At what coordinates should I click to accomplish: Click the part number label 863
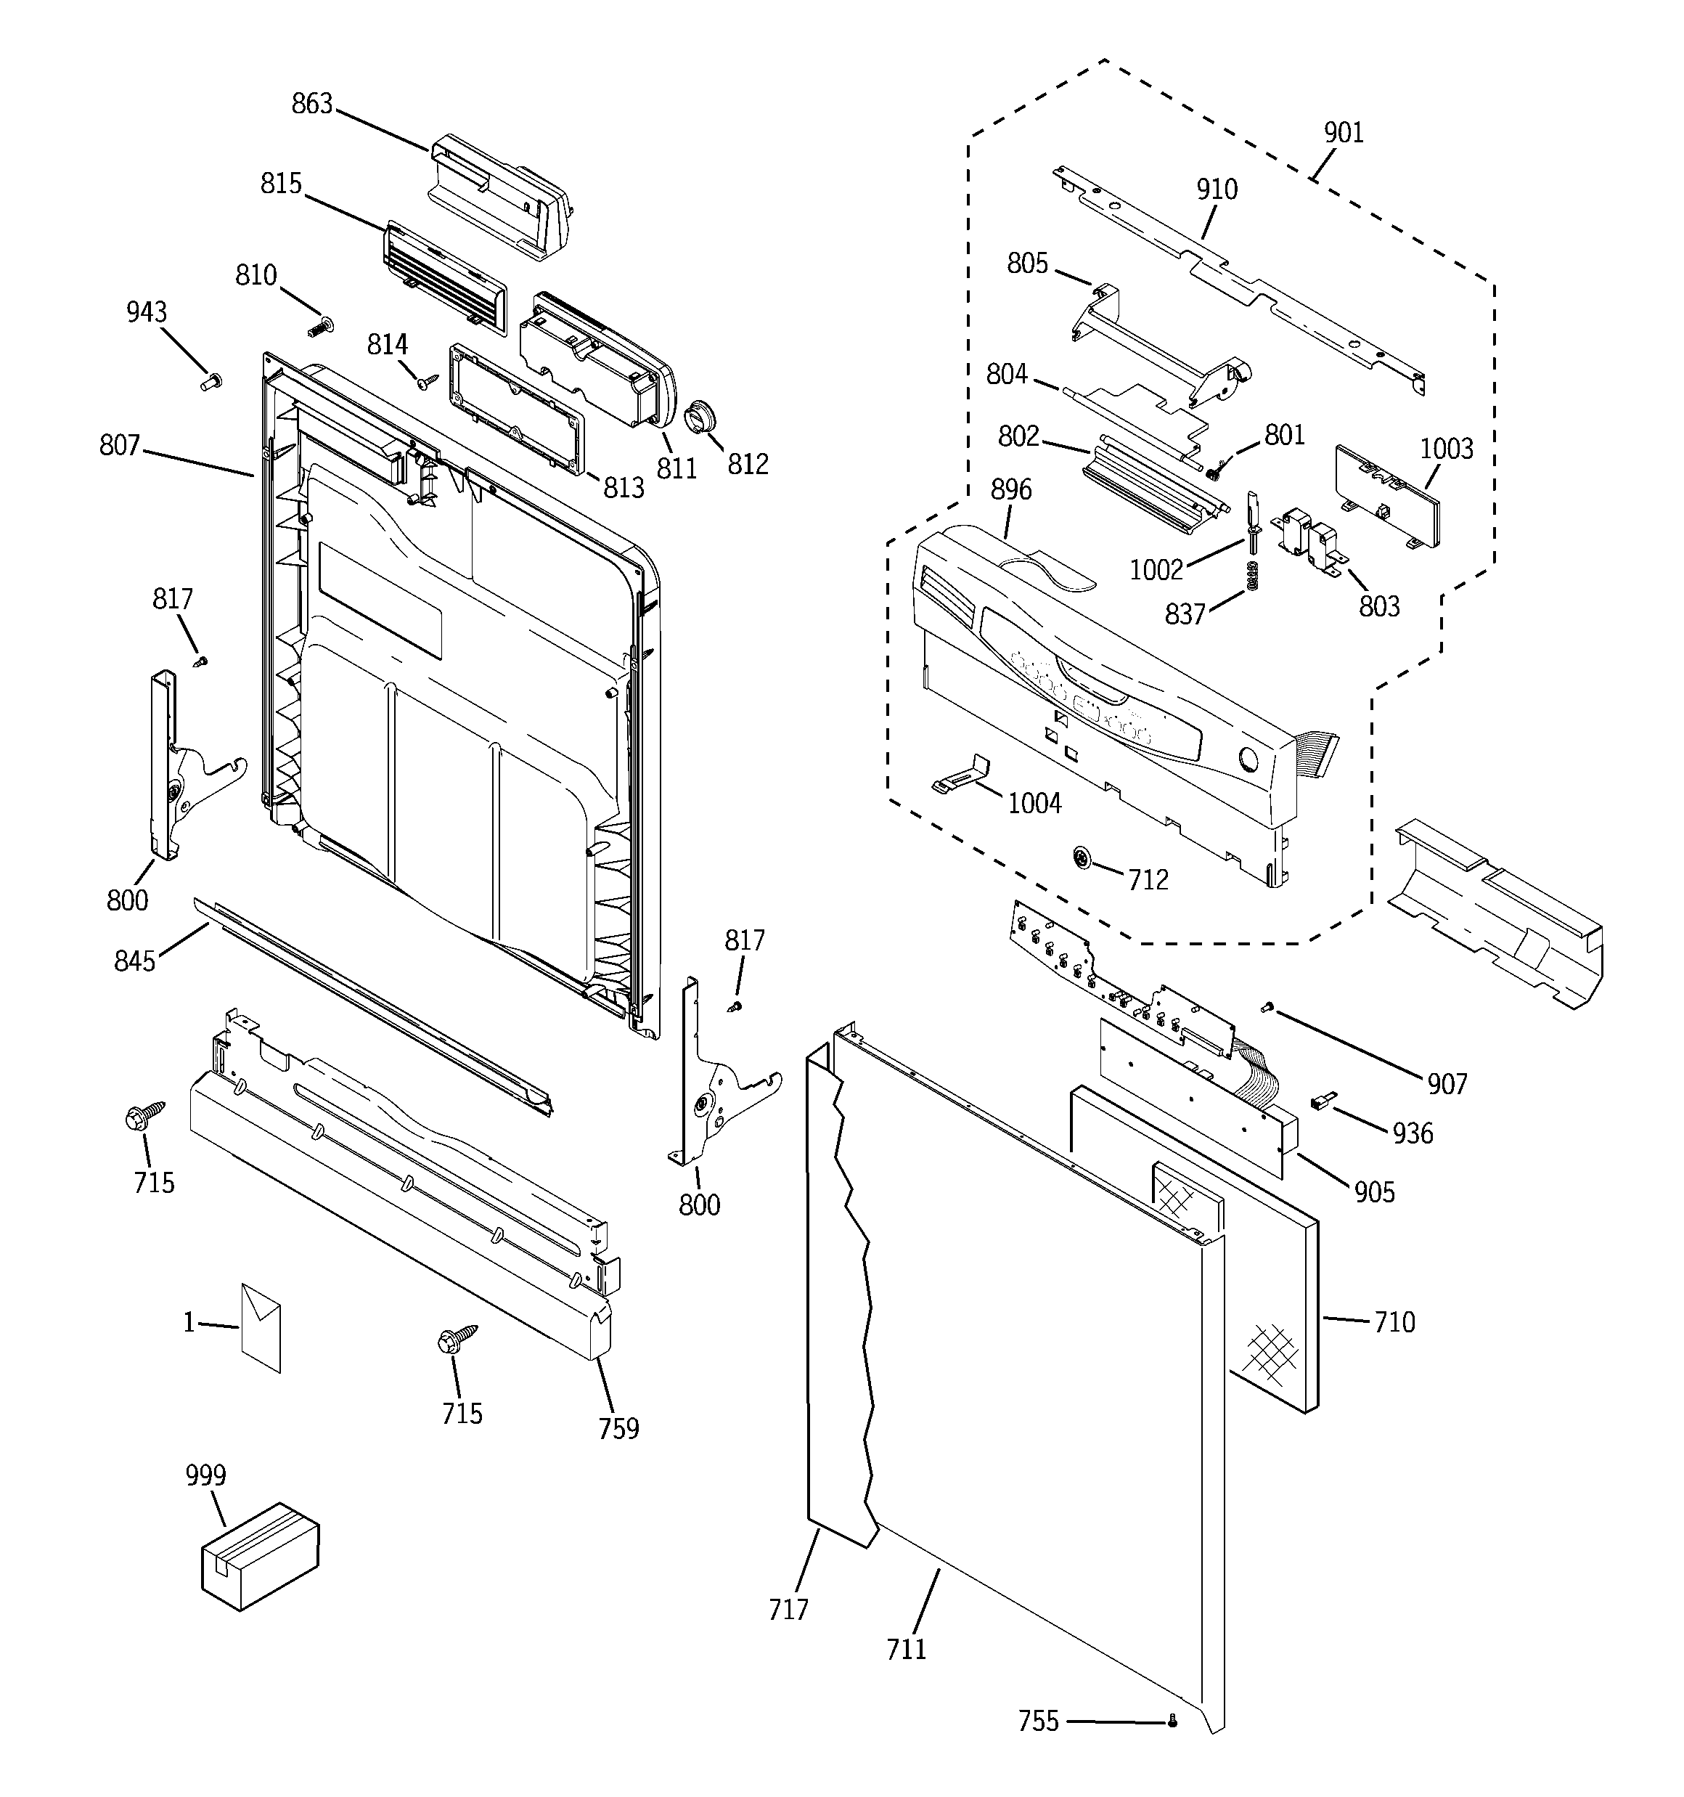point(312,105)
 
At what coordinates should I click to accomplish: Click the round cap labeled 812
point(701,417)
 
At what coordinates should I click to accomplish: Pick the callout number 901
point(1344,133)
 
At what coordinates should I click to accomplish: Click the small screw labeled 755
point(1172,1721)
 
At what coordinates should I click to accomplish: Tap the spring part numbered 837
point(1253,576)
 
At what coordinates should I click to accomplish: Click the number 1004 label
point(1034,803)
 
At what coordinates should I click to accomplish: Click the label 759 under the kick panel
point(618,1428)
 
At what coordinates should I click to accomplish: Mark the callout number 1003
point(1446,449)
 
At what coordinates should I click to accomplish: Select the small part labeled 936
point(1322,1100)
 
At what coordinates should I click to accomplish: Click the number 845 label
point(135,961)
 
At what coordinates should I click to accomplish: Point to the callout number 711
point(906,1649)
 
